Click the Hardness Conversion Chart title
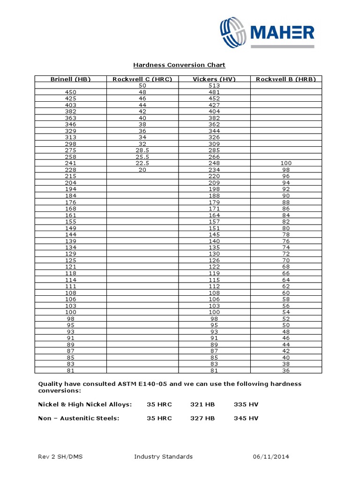click(x=179, y=65)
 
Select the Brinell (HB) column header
click(x=70, y=79)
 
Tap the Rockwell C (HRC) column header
click(x=142, y=79)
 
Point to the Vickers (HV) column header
click(x=214, y=79)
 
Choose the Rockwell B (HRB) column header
click(x=286, y=79)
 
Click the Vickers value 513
click(x=214, y=86)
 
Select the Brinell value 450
click(x=70, y=92)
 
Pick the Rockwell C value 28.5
click(x=142, y=150)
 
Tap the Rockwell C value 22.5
click(x=142, y=163)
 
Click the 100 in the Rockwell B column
click(x=286, y=163)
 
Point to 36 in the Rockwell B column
click(x=286, y=370)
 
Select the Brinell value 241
click(x=70, y=163)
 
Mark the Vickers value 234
click(x=214, y=170)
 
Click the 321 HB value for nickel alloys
click(x=202, y=404)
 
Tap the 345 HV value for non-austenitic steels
click(x=246, y=418)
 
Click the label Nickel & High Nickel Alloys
click(x=85, y=404)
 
